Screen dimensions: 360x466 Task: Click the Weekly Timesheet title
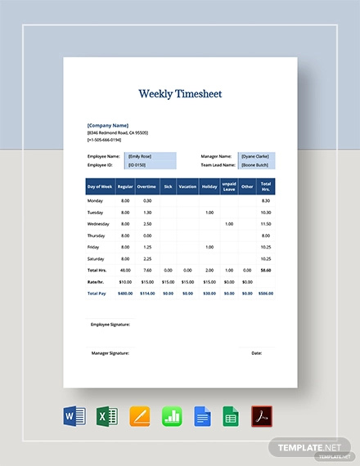(180, 94)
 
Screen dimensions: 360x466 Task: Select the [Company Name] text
(110, 125)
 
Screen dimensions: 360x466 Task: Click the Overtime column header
(147, 186)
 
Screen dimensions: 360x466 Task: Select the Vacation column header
(188, 186)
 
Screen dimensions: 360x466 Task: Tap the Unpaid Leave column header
(228, 186)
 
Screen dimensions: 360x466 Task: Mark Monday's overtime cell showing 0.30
(147, 200)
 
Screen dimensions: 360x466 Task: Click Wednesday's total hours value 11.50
(265, 223)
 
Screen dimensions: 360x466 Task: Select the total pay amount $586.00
(264, 292)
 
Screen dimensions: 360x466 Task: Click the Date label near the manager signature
(257, 353)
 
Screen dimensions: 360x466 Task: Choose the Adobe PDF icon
(263, 418)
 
